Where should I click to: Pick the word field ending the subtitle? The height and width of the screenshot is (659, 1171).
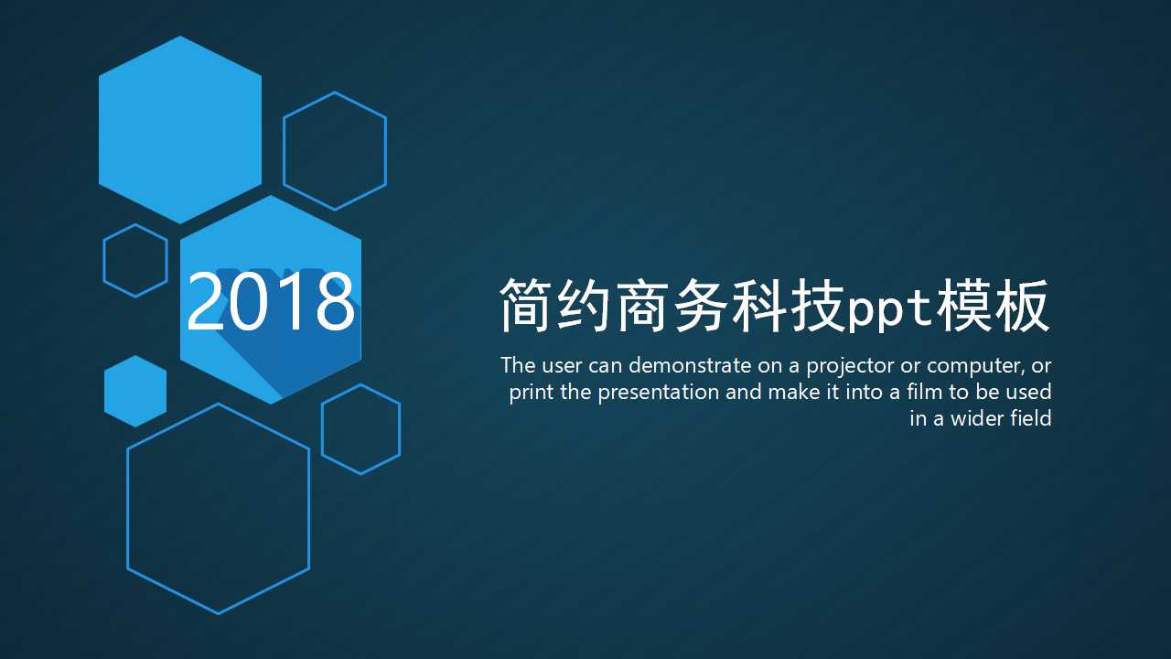[x=1031, y=418]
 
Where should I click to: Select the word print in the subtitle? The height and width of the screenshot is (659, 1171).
[x=530, y=393]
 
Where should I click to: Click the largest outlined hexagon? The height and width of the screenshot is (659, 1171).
[x=219, y=509]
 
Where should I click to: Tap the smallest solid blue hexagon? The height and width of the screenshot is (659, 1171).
[x=135, y=391]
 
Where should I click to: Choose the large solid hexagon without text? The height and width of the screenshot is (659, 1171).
[x=180, y=129]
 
